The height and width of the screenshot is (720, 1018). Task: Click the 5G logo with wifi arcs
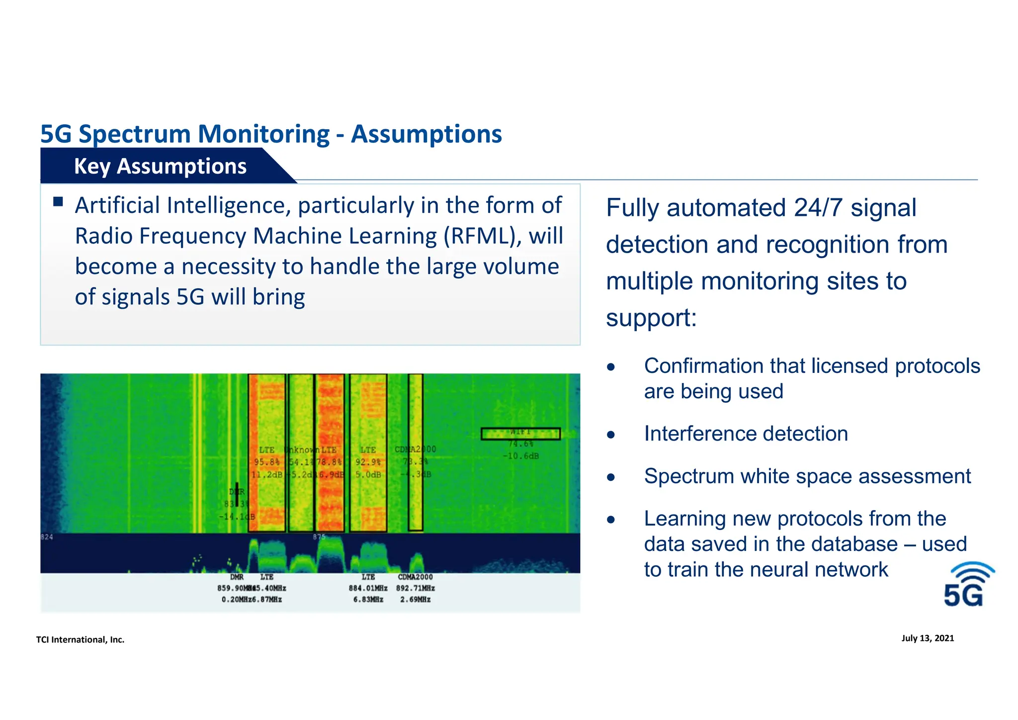(969, 585)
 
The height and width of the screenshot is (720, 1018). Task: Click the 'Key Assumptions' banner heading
(160, 166)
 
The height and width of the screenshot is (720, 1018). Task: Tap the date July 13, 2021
(928, 638)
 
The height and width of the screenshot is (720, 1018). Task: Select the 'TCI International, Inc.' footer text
(80, 639)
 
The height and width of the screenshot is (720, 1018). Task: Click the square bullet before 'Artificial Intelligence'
(58, 201)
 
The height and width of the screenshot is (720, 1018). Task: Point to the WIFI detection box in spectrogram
(520, 434)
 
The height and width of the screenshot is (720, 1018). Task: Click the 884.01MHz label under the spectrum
(368, 588)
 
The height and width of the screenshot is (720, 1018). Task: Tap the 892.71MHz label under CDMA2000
(416, 588)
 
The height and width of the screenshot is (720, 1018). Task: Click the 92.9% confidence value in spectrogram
(368, 462)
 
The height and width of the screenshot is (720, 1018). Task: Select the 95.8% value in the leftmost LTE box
(266, 462)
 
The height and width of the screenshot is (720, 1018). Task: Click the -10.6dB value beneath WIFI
(520, 456)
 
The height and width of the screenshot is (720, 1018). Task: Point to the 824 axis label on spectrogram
(46, 537)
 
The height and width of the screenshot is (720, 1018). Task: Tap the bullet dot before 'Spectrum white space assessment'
(611, 478)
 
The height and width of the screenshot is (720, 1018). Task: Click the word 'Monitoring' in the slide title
(263, 134)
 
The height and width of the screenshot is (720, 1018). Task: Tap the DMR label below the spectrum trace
(237, 577)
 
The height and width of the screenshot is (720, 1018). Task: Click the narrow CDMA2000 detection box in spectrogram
(416, 452)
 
